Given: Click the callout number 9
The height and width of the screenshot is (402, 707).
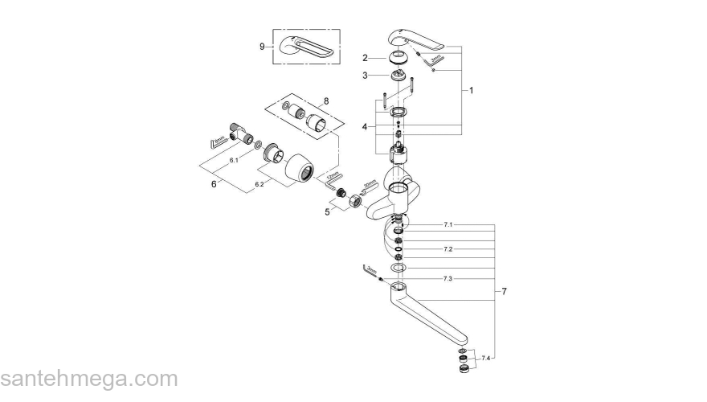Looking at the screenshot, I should [262, 47].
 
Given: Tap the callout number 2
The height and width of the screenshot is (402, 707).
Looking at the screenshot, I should [365, 58].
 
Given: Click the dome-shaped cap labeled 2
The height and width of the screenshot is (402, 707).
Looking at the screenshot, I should [396, 57].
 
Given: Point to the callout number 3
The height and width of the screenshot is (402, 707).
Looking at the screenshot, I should [365, 75].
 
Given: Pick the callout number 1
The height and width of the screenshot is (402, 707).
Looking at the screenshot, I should [472, 91].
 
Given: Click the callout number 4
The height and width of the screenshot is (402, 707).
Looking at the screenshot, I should [365, 126].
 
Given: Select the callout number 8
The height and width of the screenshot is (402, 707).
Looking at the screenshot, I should [326, 101].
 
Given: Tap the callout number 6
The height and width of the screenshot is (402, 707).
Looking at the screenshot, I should [214, 184].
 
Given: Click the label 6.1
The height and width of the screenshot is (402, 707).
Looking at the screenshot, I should [234, 161].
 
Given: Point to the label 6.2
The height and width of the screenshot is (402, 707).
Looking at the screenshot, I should [260, 185].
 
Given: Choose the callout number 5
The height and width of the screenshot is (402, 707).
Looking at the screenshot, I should [327, 211].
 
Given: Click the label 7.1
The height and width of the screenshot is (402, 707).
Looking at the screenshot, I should [448, 224].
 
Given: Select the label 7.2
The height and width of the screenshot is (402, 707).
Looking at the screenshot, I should [448, 250].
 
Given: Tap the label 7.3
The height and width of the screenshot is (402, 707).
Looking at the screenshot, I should [448, 278].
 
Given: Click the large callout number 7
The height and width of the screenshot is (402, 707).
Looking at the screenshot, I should [504, 290].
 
